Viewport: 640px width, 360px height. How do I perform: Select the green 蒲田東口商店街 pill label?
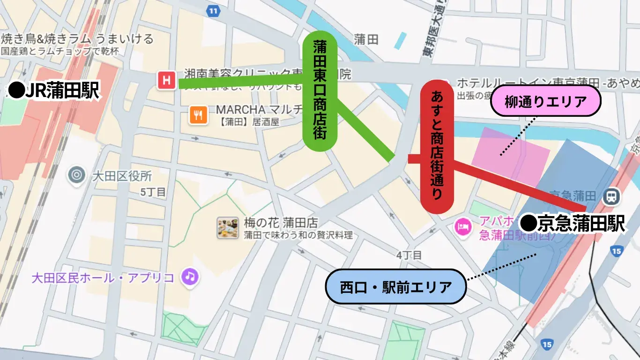point(320,91)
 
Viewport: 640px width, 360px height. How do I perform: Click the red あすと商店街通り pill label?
point(437,147)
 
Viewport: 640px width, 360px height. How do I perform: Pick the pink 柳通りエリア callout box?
point(545,101)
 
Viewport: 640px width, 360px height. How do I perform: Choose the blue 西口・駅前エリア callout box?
point(396,286)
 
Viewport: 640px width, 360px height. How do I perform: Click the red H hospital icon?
point(166,81)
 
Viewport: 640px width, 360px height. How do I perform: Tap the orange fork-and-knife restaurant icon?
point(199,115)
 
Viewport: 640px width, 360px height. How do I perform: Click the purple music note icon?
point(189,277)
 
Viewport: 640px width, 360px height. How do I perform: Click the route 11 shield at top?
point(214,10)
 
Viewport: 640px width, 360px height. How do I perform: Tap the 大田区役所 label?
point(122,176)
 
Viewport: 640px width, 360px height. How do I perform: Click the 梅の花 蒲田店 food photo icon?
point(228,228)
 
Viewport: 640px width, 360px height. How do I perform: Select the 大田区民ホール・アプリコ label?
point(103,277)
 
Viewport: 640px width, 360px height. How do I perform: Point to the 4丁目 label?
point(409,255)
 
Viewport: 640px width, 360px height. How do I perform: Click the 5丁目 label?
point(153,192)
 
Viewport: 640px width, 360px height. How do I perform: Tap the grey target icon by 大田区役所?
point(76,175)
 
